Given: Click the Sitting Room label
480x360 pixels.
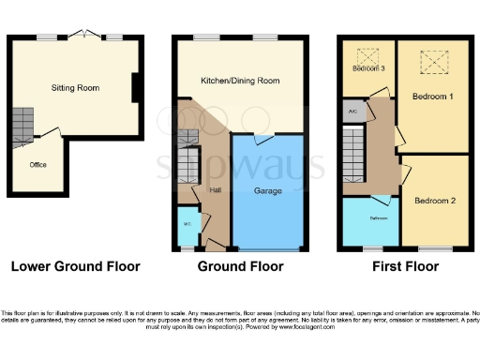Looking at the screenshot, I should click(x=75, y=88).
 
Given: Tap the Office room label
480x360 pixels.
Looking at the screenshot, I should click(x=37, y=165).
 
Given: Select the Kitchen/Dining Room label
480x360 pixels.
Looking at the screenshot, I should click(x=240, y=82).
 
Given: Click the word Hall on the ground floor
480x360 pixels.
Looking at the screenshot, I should click(x=216, y=190).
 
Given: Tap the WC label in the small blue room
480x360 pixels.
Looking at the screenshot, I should click(x=186, y=224).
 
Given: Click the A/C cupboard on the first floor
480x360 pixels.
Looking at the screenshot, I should click(x=352, y=112).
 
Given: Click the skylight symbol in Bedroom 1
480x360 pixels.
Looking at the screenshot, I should click(x=434, y=62).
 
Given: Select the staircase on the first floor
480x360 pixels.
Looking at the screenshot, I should click(x=353, y=154).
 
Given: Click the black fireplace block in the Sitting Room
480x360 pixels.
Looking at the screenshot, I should click(x=136, y=89).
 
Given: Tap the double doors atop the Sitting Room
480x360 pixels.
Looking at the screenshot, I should click(x=88, y=34).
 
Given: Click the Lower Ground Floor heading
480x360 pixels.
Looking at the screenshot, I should click(x=75, y=267).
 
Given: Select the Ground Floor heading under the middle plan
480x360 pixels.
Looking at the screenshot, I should click(x=240, y=267).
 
